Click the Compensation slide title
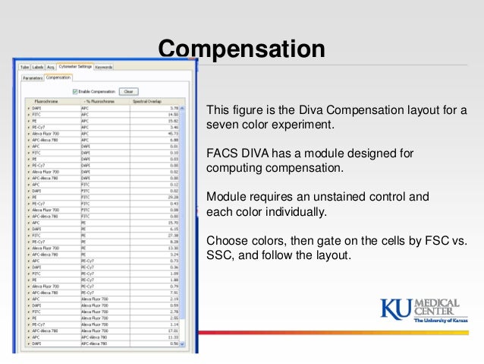pyautogui.click(x=241, y=49)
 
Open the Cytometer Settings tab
pyautogui.click(x=74, y=67)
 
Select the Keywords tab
pyautogui.click(x=104, y=67)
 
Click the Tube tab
pyautogui.click(x=24, y=67)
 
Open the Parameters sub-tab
pyautogui.click(x=33, y=77)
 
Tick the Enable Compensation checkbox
pyautogui.click(x=74, y=91)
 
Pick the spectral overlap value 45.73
pyautogui.click(x=174, y=134)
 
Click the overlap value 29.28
pyautogui.click(x=174, y=197)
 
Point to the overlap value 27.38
pyautogui.click(x=174, y=235)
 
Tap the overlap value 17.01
pyautogui.click(x=174, y=331)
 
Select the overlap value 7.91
pyautogui.click(x=174, y=293)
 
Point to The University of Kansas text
pyautogui.click(x=440, y=321)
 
